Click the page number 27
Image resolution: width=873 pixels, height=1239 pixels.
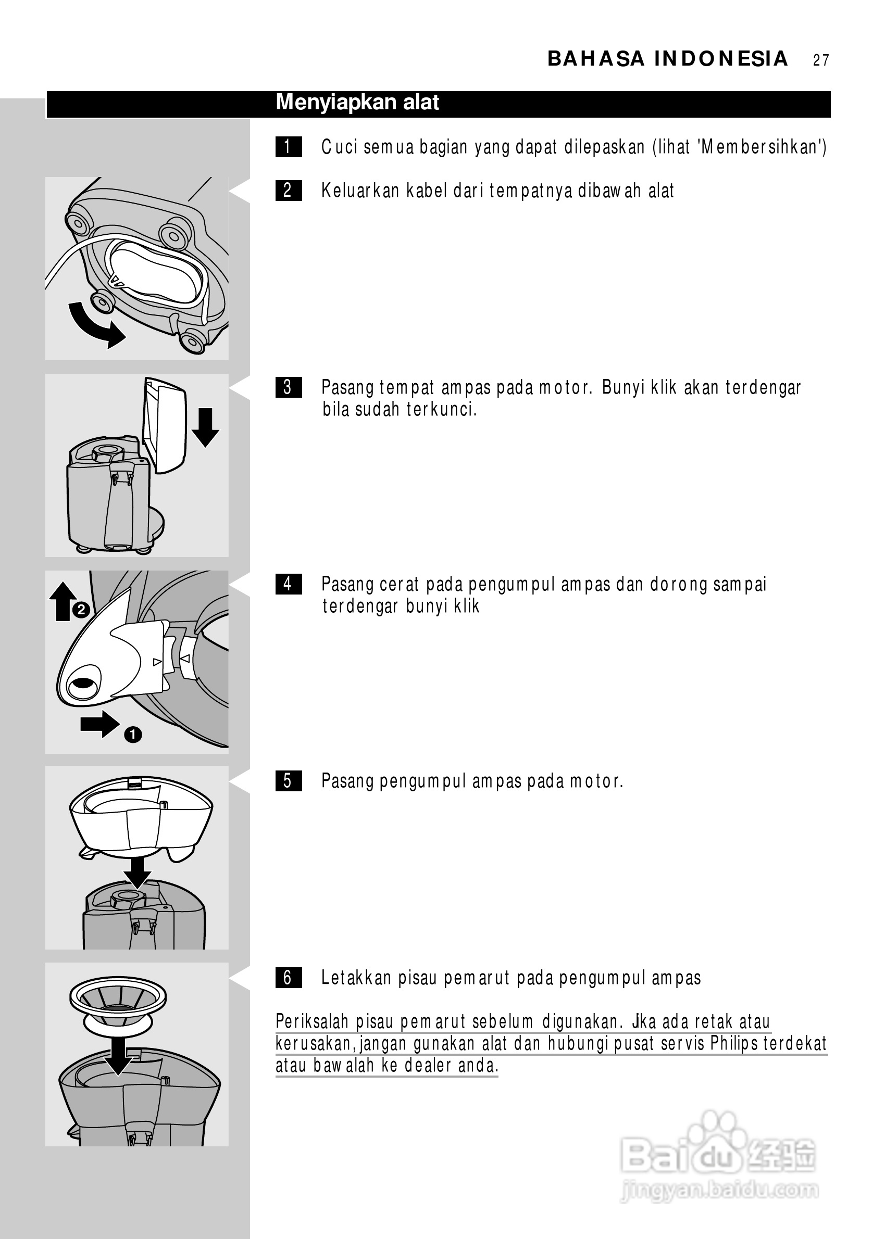820,60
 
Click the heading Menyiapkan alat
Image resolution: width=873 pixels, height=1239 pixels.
357,103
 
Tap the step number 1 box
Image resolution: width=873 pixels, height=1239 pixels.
288,147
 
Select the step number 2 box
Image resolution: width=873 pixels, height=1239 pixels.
288,191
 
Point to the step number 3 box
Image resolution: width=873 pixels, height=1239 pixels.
288,387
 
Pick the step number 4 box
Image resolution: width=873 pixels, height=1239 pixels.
288,585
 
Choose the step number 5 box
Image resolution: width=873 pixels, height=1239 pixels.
288,781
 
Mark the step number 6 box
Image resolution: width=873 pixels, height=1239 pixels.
288,978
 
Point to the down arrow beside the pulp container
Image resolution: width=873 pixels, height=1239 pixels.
205,427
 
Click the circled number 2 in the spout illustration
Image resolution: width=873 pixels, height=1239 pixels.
80,610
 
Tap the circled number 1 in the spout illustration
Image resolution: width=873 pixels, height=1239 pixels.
133,735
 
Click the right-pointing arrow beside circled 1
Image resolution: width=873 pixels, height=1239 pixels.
101,724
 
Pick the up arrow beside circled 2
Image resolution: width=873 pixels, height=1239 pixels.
63,601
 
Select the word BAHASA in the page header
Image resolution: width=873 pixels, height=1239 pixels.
596,59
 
